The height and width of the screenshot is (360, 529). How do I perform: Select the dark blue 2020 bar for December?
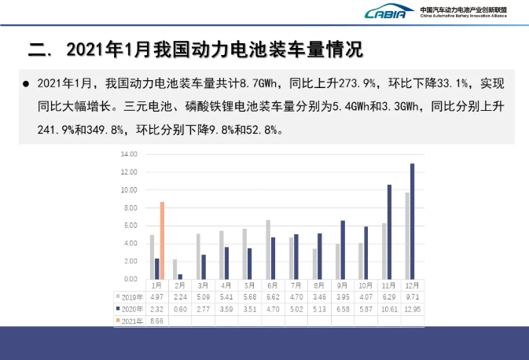[x=412, y=221]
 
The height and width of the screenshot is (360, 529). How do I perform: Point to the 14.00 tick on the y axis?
[x=129, y=154]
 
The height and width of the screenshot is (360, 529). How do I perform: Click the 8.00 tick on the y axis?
[x=130, y=208]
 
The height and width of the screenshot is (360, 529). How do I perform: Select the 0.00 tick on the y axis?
[x=130, y=279]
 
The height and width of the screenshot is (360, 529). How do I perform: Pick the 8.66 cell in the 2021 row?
[x=156, y=321]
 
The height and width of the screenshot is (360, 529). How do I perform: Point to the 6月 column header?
[x=271, y=286]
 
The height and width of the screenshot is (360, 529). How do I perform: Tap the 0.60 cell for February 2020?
[x=179, y=309]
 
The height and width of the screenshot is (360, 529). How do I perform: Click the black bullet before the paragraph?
[x=26, y=83]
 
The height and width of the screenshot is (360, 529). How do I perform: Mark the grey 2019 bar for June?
[x=268, y=249]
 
